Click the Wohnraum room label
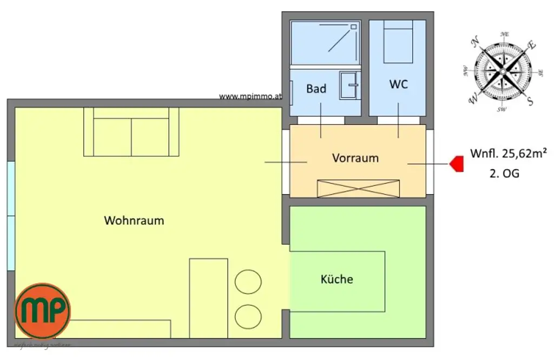click(x=134, y=221)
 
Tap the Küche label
click(x=337, y=279)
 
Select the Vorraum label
click(x=355, y=158)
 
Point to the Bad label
click(x=316, y=88)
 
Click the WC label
click(x=398, y=85)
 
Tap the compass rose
click(x=504, y=71)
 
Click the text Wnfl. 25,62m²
click(x=508, y=154)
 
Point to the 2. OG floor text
click(x=503, y=174)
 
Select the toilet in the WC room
click(x=398, y=42)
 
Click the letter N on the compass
click(x=476, y=42)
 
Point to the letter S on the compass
click(x=530, y=101)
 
